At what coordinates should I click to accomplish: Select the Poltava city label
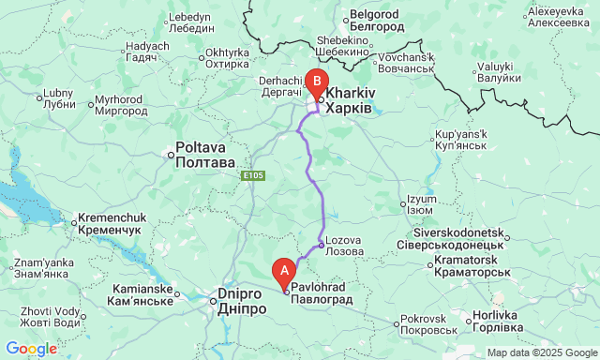pos(205,156)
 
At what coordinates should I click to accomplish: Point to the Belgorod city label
pos(374,22)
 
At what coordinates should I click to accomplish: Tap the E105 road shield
pos(251,175)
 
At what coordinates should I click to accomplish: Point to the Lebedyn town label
pos(193,22)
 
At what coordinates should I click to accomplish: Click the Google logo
pos(30,349)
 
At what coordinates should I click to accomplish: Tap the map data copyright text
pos(541,352)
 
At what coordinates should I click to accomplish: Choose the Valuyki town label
pos(502,72)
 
